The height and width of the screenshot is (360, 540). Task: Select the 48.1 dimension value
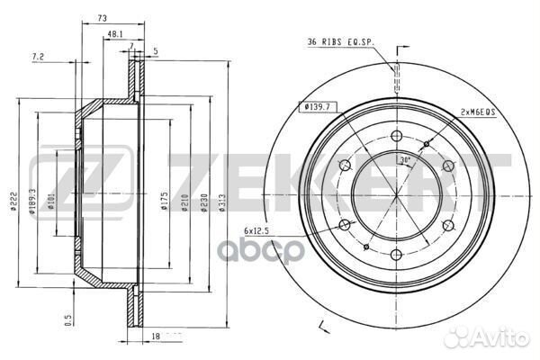point(114,33)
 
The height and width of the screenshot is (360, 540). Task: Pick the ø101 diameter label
point(51,200)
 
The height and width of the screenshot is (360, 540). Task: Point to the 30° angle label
point(405,160)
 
